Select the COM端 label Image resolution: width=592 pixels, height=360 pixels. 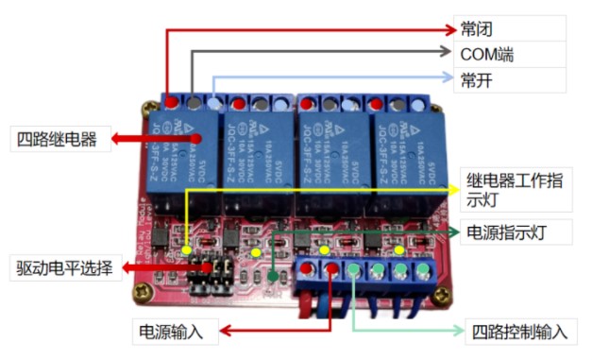pos(486,54)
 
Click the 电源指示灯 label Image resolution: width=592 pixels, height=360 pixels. pos(516,231)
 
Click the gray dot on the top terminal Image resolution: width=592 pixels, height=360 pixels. pos(193,100)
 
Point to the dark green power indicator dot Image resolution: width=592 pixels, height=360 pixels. pos(272,277)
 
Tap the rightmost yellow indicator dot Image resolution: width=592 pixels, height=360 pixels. pos(398,250)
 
